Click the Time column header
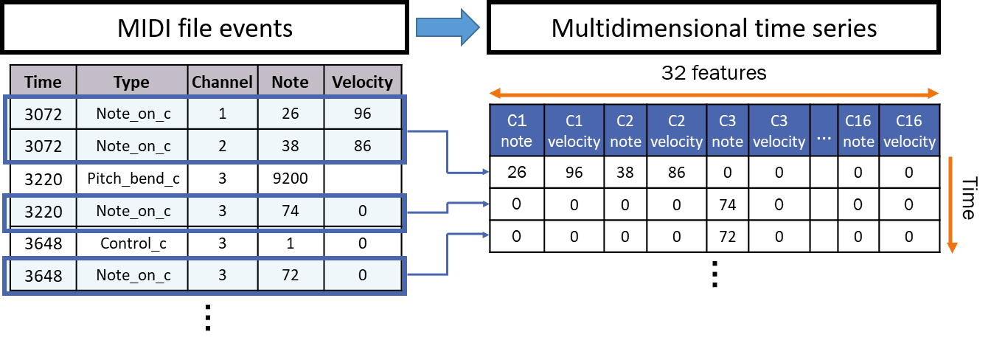[x=44, y=81]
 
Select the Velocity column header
[x=362, y=81]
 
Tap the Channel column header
[x=222, y=81]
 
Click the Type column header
[x=131, y=81]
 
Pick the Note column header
[x=290, y=81]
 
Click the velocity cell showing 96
[x=362, y=114]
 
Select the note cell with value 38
[x=290, y=146]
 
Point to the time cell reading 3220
[x=44, y=212]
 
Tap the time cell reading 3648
[x=44, y=275]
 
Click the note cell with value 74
[x=290, y=212]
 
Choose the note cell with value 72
[x=290, y=275]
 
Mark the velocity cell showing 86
[x=362, y=146]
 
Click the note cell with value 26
[x=290, y=114]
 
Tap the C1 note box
[x=517, y=131]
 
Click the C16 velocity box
[x=908, y=131]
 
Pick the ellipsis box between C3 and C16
[x=824, y=131]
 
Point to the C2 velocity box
[x=676, y=131]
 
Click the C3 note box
[x=727, y=131]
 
